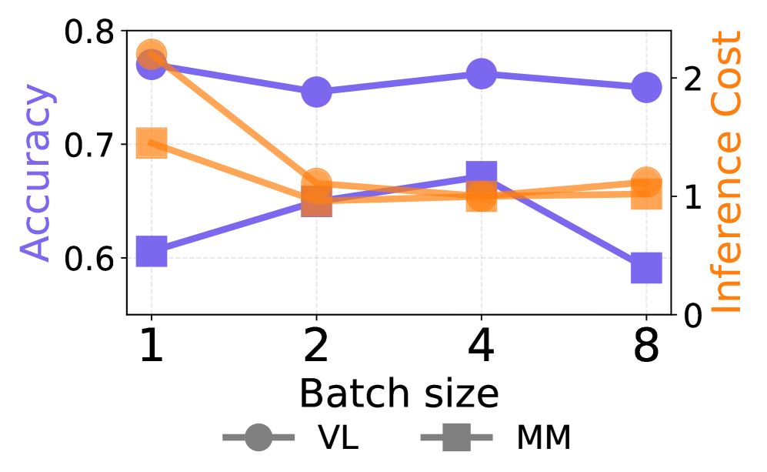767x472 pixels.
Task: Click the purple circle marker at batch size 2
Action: pyautogui.click(x=315, y=92)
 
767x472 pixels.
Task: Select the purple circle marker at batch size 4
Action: pyautogui.click(x=481, y=75)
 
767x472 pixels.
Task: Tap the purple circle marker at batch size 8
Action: pyautogui.click(x=646, y=87)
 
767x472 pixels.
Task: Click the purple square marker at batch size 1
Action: pyautogui.click(x=152, y=252)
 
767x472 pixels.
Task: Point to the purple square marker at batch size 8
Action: pyautogui.click(x=646, y=269)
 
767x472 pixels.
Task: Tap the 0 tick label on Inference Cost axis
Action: pyautogui.click(x=690, y=315)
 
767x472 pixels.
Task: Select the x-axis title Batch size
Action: pyautogui.click(x=399, y=393)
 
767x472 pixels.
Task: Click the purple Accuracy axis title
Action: pyautogui.click(x=36, y=173)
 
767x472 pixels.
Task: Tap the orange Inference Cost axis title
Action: pyautogui.click(x=725, y=173)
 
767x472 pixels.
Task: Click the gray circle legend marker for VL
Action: pyautogui.click(x=258, y=438)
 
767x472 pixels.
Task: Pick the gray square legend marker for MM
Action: pyautogui.click(x=457, y=438)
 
